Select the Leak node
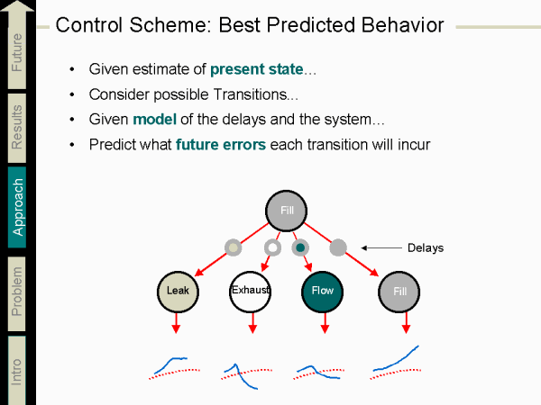point(177,291)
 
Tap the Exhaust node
point(250,291)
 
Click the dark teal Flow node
point(322,291)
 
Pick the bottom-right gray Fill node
point(399,291)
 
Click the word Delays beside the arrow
point(425,247)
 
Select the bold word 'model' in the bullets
point(151,119)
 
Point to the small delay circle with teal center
point(299,247)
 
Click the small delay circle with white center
point(272,247)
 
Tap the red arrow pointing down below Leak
point(177,324)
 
